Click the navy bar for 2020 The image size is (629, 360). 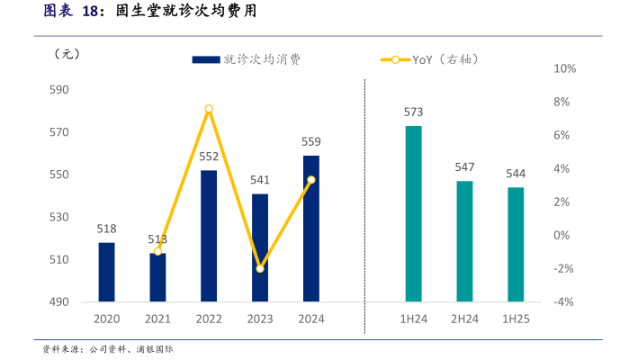click(x=106, y=272)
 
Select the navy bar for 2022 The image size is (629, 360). click(x=209, y=236)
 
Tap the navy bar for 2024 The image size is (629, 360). click(x=310, y=229)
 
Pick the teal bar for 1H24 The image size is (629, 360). click(x=413, y=213)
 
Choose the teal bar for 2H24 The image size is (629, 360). click(x=464, y=241)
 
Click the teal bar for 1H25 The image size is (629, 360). click(x=516, y=244)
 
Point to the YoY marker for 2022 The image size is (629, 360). click(x=209, y=109)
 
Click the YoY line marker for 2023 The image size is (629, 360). click(x=260, y=268)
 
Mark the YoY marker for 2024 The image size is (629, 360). click(x=310, y=180)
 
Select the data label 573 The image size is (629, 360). click(x=413, y=112)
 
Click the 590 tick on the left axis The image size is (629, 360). click(x=58, y=90)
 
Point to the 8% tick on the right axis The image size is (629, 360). click(x=563, y=102)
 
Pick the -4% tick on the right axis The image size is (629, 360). click(x=563, y=301)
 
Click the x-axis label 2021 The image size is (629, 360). click(x=157, y=319)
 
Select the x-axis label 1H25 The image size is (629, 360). click(x=516, y=319)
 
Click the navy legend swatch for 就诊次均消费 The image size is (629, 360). click(x=206, y=59)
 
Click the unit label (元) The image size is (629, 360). click(x=67, y=53)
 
